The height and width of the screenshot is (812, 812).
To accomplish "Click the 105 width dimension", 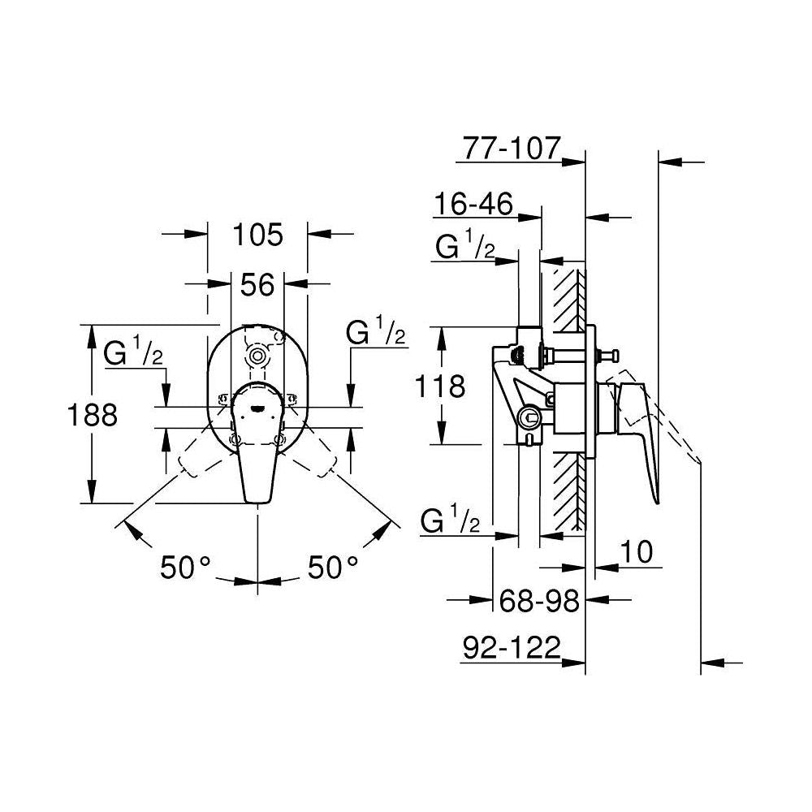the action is (258, 235).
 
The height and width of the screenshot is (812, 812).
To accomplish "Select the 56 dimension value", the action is (257, 284).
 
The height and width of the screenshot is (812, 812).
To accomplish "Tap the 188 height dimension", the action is (93, 415).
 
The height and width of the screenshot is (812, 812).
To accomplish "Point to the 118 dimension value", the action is (440, 386).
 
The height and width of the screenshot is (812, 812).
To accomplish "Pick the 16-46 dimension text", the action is (473, 204).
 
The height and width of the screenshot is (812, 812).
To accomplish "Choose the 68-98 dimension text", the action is (538, 601).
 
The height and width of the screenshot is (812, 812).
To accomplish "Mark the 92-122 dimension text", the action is (512, 647).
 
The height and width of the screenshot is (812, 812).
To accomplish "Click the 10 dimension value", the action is (637, 551).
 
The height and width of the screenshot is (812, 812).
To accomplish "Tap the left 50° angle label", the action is (185, 567).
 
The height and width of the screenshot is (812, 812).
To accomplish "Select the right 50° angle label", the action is (333, 567).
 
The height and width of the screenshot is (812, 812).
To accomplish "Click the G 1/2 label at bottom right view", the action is (450, 520).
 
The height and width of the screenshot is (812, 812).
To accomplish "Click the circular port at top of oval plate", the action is (257, 356).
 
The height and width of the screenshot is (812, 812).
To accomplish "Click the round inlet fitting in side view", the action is (529, 416).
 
